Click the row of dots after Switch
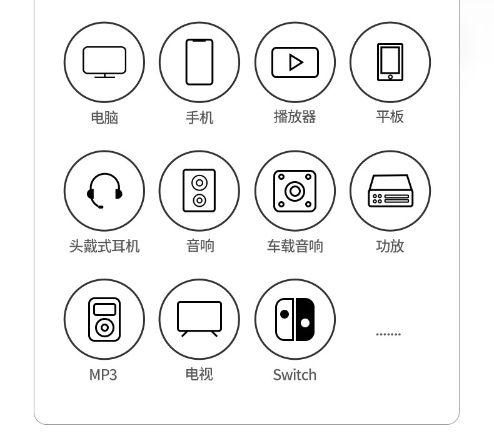pyautogui.click(x=388, y=334)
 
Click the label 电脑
pyautogui.click(x=104, y=117)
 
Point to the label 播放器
pyautogui.click(x=295, y=117)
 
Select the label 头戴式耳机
pyautogui.click(x=104, y=246)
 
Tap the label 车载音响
pyautogui.click(x=295, y=246)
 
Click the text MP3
pyautogui.click(x=103, y=375)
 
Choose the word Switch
pyautogui.click(x=295, y=375)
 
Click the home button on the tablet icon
pyautogui.click(x=390, y=77)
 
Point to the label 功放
pyautogui.click(x=390, y=246)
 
